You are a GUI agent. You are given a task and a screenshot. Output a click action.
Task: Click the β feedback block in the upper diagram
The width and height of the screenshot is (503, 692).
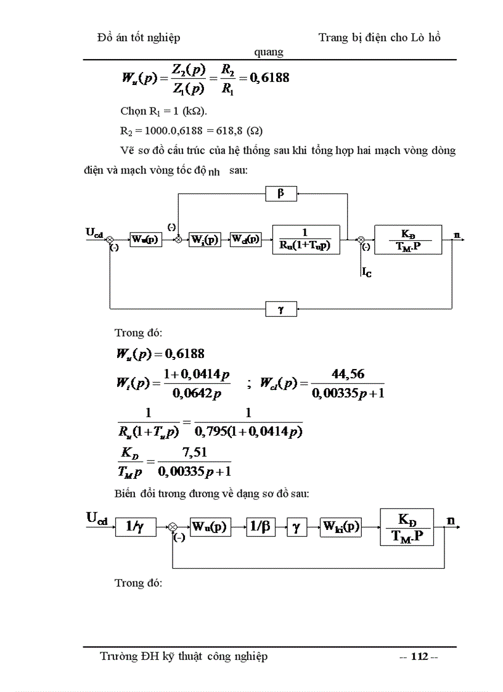(281, 193)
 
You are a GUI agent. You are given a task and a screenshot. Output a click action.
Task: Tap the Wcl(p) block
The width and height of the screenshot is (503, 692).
(245, 240)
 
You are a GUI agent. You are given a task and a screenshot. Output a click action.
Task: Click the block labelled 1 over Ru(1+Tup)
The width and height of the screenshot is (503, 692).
(306, 240)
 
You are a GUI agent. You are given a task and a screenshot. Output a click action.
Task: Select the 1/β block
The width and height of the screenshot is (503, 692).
(261, 527)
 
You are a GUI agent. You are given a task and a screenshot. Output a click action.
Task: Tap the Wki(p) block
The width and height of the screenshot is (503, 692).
(340, 527)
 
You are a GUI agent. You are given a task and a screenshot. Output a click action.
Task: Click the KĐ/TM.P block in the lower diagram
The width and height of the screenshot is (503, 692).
(407, 527)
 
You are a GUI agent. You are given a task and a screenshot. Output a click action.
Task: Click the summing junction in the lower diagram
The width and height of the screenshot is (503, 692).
(173, 527)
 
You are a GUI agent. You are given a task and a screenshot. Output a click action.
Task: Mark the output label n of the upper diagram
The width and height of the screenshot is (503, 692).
(456, 235)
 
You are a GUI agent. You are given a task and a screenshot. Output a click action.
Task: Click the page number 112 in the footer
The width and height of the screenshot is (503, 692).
(419, 657)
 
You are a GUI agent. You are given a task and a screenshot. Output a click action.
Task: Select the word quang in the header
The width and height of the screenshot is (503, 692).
(269, 52)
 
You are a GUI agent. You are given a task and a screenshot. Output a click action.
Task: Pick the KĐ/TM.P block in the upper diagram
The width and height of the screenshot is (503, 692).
(407, 240)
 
